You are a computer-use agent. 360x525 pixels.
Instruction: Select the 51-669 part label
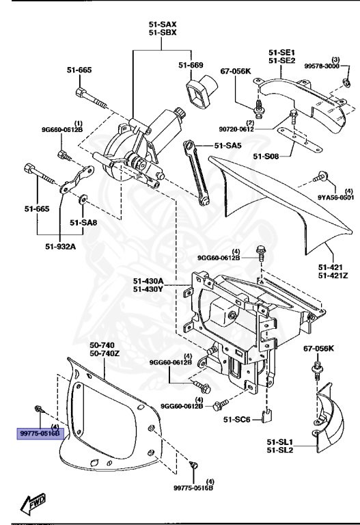click(x=192, y=65)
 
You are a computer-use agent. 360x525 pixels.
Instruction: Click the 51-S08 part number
click(x=267, y=157)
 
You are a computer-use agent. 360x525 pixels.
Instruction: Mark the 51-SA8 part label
click(x=85, y=222)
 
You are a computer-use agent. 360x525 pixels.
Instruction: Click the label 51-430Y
click(x=148, y=289)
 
